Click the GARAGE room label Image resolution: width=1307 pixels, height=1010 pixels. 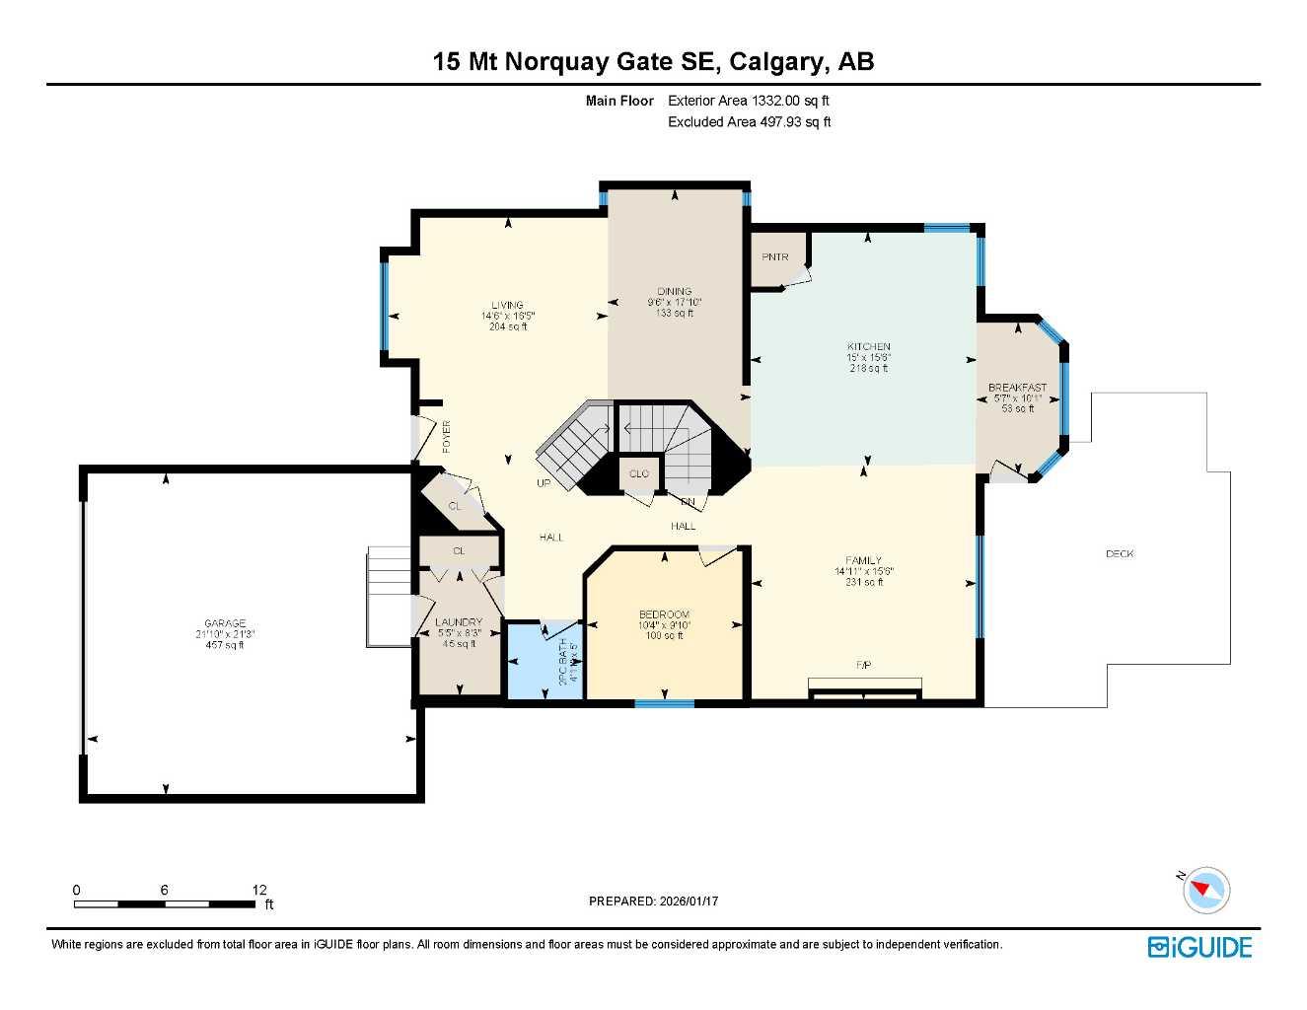pos(225,623)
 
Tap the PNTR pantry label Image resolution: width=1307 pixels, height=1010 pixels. pos(775,257)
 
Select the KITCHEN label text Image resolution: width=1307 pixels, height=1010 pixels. pos(868,347)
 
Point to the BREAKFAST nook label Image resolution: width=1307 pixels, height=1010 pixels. pos(1017,388)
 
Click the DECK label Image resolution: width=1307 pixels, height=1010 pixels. pos(1120,554)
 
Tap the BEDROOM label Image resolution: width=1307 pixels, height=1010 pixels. pos(664,614)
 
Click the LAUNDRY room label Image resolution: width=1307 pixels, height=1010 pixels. pos(459,622)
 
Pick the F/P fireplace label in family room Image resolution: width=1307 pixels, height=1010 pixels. pos(863,666)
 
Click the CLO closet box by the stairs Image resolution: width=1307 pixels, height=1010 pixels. pos(639,474)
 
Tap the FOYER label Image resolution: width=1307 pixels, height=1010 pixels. pos(447,436)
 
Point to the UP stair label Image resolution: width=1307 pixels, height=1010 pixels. pos(544,483)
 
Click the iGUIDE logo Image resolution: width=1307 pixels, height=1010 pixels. pos(1199,948)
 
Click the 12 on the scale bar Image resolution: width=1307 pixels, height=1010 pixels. pos(259,890)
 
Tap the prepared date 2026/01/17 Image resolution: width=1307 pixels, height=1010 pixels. pos(688,901)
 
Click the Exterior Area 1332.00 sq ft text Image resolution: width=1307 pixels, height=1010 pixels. pos(749,101)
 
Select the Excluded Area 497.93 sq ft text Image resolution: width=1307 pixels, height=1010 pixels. pos(749,122)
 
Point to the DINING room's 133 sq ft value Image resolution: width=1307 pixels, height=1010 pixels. pos(675,313)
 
